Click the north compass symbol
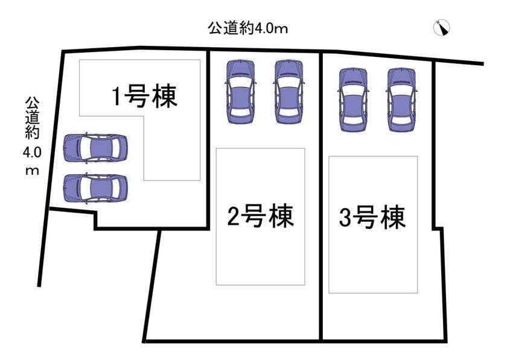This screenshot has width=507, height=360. click(x=441, y=28)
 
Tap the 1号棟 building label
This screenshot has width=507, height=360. click(x=144, y=96)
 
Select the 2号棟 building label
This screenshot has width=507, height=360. click(x=261, y=216)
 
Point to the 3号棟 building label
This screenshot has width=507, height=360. click(x=372, y=217)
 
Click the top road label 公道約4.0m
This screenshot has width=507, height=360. click(x=247, y=28)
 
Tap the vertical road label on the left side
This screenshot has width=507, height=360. click(x=33, y=135)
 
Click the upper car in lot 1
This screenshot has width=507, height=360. click(x=95, y=148)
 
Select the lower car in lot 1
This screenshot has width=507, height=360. click(x=95, y=188)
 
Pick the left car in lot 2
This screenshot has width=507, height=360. click(x=241, y=92)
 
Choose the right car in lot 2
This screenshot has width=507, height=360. click(x=289, y=92)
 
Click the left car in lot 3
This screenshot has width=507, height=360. click(x=353, y=100)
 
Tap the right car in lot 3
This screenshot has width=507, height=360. click(x=401, y=100)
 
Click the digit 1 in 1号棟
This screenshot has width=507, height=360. click(x=116, y=97)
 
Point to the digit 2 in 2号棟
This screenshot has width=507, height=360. click(x=233, y=216)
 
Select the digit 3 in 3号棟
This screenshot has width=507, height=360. click(x=345, y=217)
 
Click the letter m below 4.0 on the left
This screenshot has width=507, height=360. click(x=33, y=171)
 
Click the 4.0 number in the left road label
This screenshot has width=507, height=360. click(x=33, y=152)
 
